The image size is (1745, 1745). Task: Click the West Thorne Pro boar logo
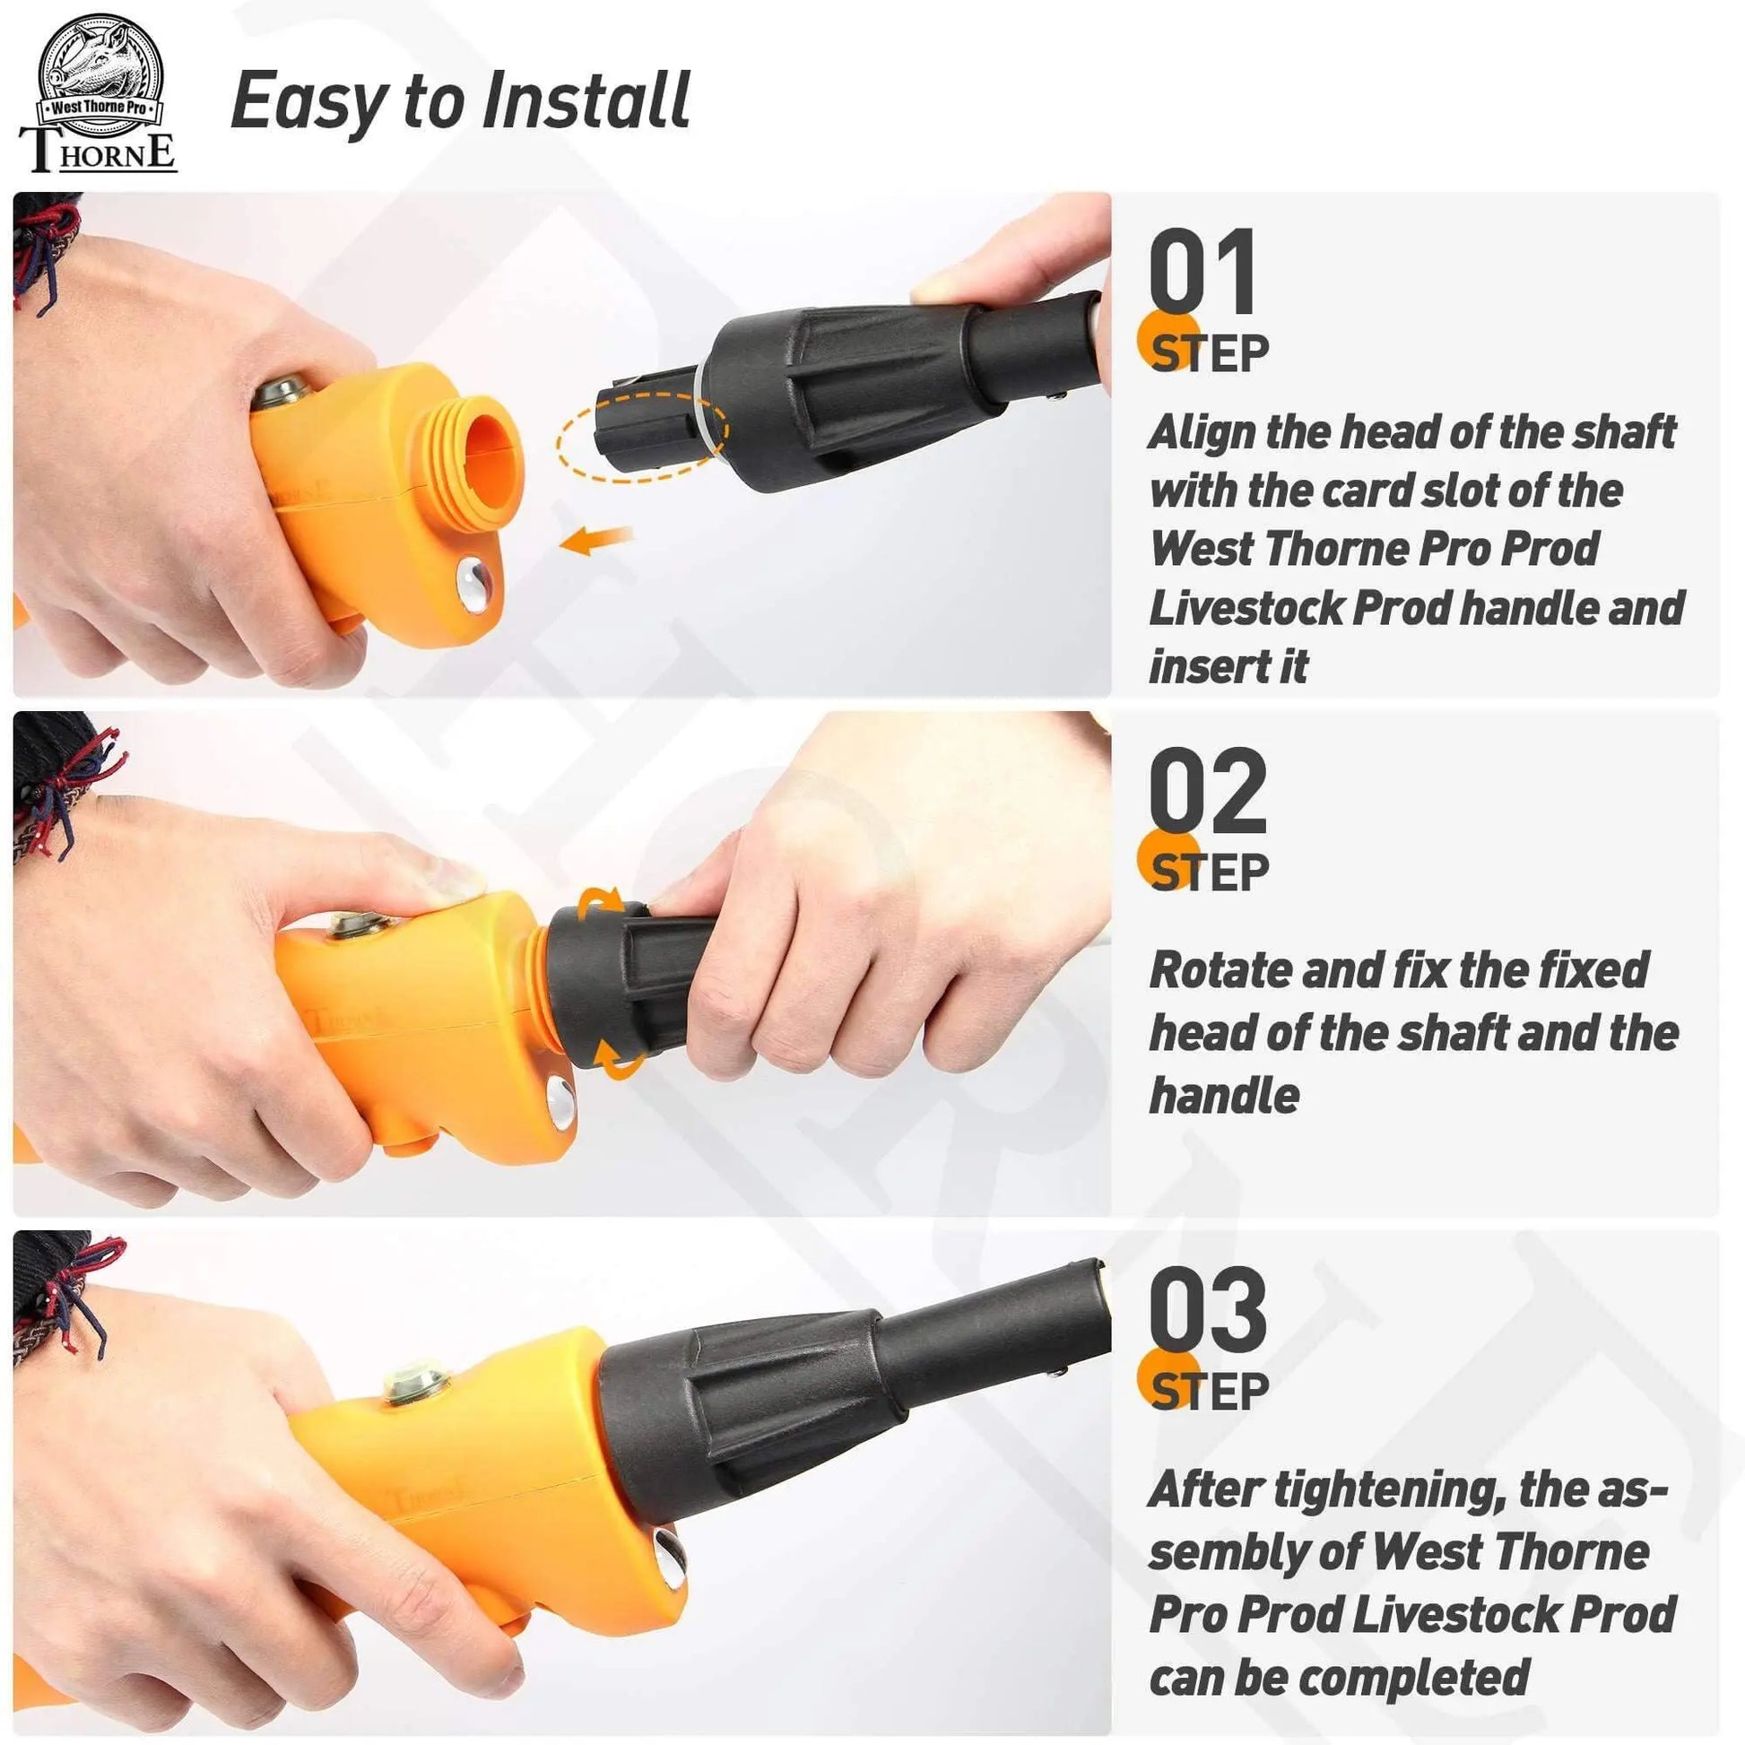click(99, 95)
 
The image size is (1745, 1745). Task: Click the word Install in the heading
click(586, 100)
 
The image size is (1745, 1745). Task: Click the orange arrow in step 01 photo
click(596, 540)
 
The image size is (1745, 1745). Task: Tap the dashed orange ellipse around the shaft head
click(642, 436)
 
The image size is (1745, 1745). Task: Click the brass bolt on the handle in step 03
click(416, 1385)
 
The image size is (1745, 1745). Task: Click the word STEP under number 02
click(1210, 872)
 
